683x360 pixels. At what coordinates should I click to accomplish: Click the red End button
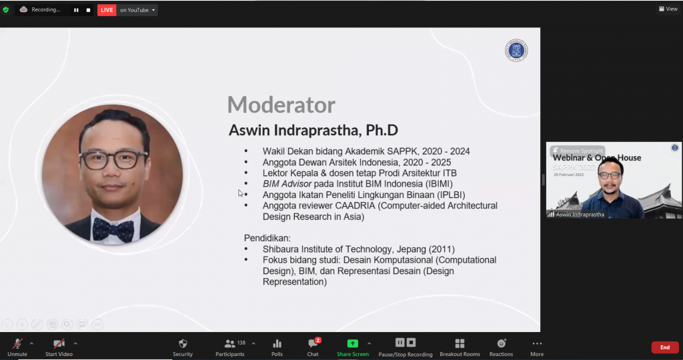point(664,347)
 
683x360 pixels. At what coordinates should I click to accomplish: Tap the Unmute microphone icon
point(17,343)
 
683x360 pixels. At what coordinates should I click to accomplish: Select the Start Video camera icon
point(59,343)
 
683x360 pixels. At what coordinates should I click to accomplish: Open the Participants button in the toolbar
point(230,343)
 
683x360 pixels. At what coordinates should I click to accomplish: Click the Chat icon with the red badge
point(313,343)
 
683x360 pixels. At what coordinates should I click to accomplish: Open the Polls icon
point(277,343)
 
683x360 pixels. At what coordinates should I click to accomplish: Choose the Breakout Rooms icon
point(460,343)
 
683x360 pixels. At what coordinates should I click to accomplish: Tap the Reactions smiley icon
point(501,343)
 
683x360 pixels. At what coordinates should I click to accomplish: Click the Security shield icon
point(183,343)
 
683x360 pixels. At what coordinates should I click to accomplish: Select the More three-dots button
point(537,343)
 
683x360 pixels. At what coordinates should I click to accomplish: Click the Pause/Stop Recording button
point(406,343)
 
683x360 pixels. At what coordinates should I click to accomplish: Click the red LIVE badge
point(107,10)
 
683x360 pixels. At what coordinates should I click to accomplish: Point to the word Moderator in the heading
point(281,105)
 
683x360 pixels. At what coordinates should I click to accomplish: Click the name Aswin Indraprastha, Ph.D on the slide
point(313,130)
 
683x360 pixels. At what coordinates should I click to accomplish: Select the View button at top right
point(668,9)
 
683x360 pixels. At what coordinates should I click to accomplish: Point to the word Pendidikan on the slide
point(267,238)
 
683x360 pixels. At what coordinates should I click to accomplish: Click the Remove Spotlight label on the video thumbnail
point(578,151)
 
